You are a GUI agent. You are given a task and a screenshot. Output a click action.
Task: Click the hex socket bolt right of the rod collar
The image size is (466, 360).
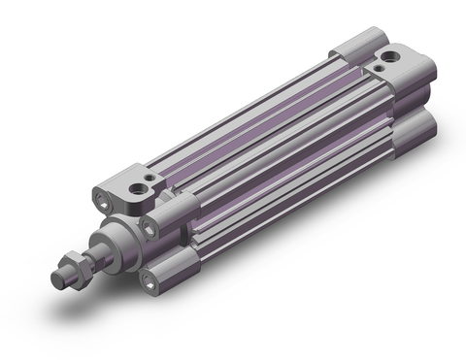(150, 224)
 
